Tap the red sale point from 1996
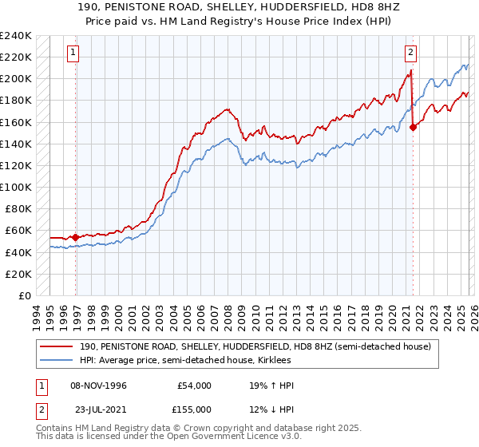pos(75,237)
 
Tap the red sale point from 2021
pos(413,127)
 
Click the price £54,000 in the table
pos(193,386)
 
